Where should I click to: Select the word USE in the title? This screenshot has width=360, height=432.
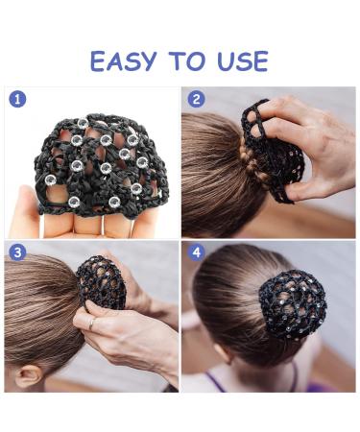point(241,60)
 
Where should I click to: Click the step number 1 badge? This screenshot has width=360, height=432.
point(16,98)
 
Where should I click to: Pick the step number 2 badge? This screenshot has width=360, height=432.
point(196,98)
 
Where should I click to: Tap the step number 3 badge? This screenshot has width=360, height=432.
point(16,252)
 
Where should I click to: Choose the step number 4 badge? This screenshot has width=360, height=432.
point(196,252)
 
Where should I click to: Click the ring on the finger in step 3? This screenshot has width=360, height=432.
point(91,324)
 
